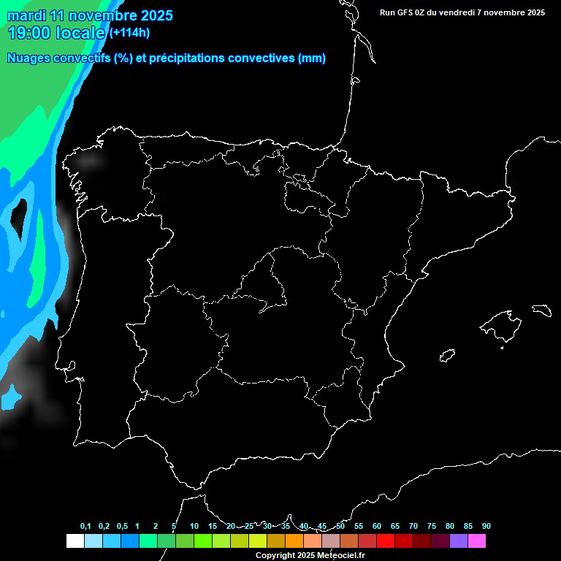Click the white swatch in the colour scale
coord(75,541)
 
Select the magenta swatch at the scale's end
coord(477,541)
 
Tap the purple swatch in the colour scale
coord(459,541)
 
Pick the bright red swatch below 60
coord(386,541)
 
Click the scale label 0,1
coord(85,527)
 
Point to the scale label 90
coord(486,527)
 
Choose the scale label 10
coord(194,527)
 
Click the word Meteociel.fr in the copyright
coord(341,555)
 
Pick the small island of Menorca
coord(541,310)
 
